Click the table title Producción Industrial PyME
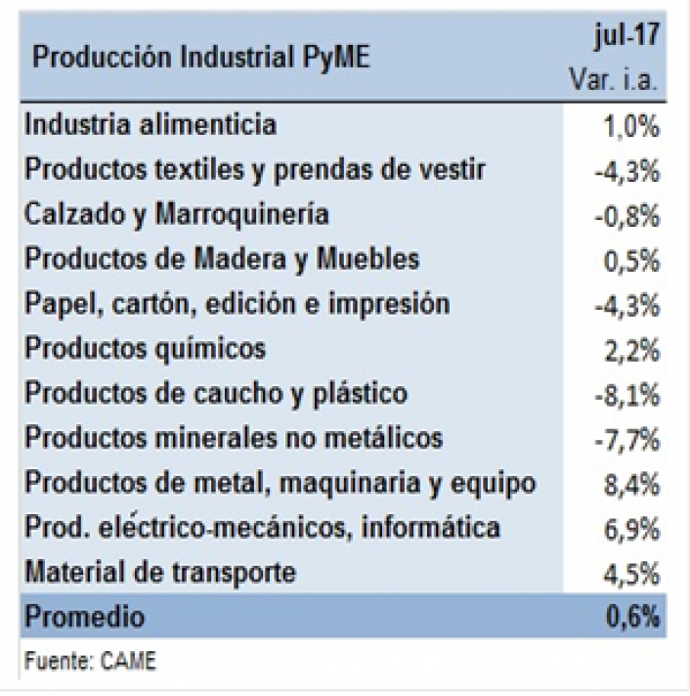point(202,58)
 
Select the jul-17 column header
point(629,40)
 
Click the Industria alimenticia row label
point(151,125)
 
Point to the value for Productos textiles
point(627,172)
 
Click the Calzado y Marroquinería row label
point(176,214)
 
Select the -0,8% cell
point(627,217)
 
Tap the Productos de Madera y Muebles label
point(222,258)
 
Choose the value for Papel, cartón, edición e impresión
point(627,306)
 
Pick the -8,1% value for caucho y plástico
point(627,395)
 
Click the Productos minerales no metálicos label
point(234,437)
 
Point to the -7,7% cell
point(627,440)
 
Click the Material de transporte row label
point(172,571)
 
